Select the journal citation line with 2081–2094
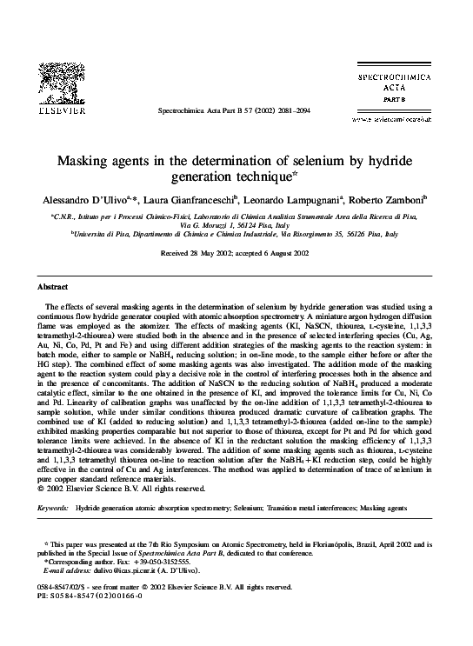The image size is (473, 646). (236, 112)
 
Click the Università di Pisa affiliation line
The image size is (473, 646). (236, 234)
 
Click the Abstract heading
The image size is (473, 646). (54, 286)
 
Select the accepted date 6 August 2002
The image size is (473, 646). (281, 253)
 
